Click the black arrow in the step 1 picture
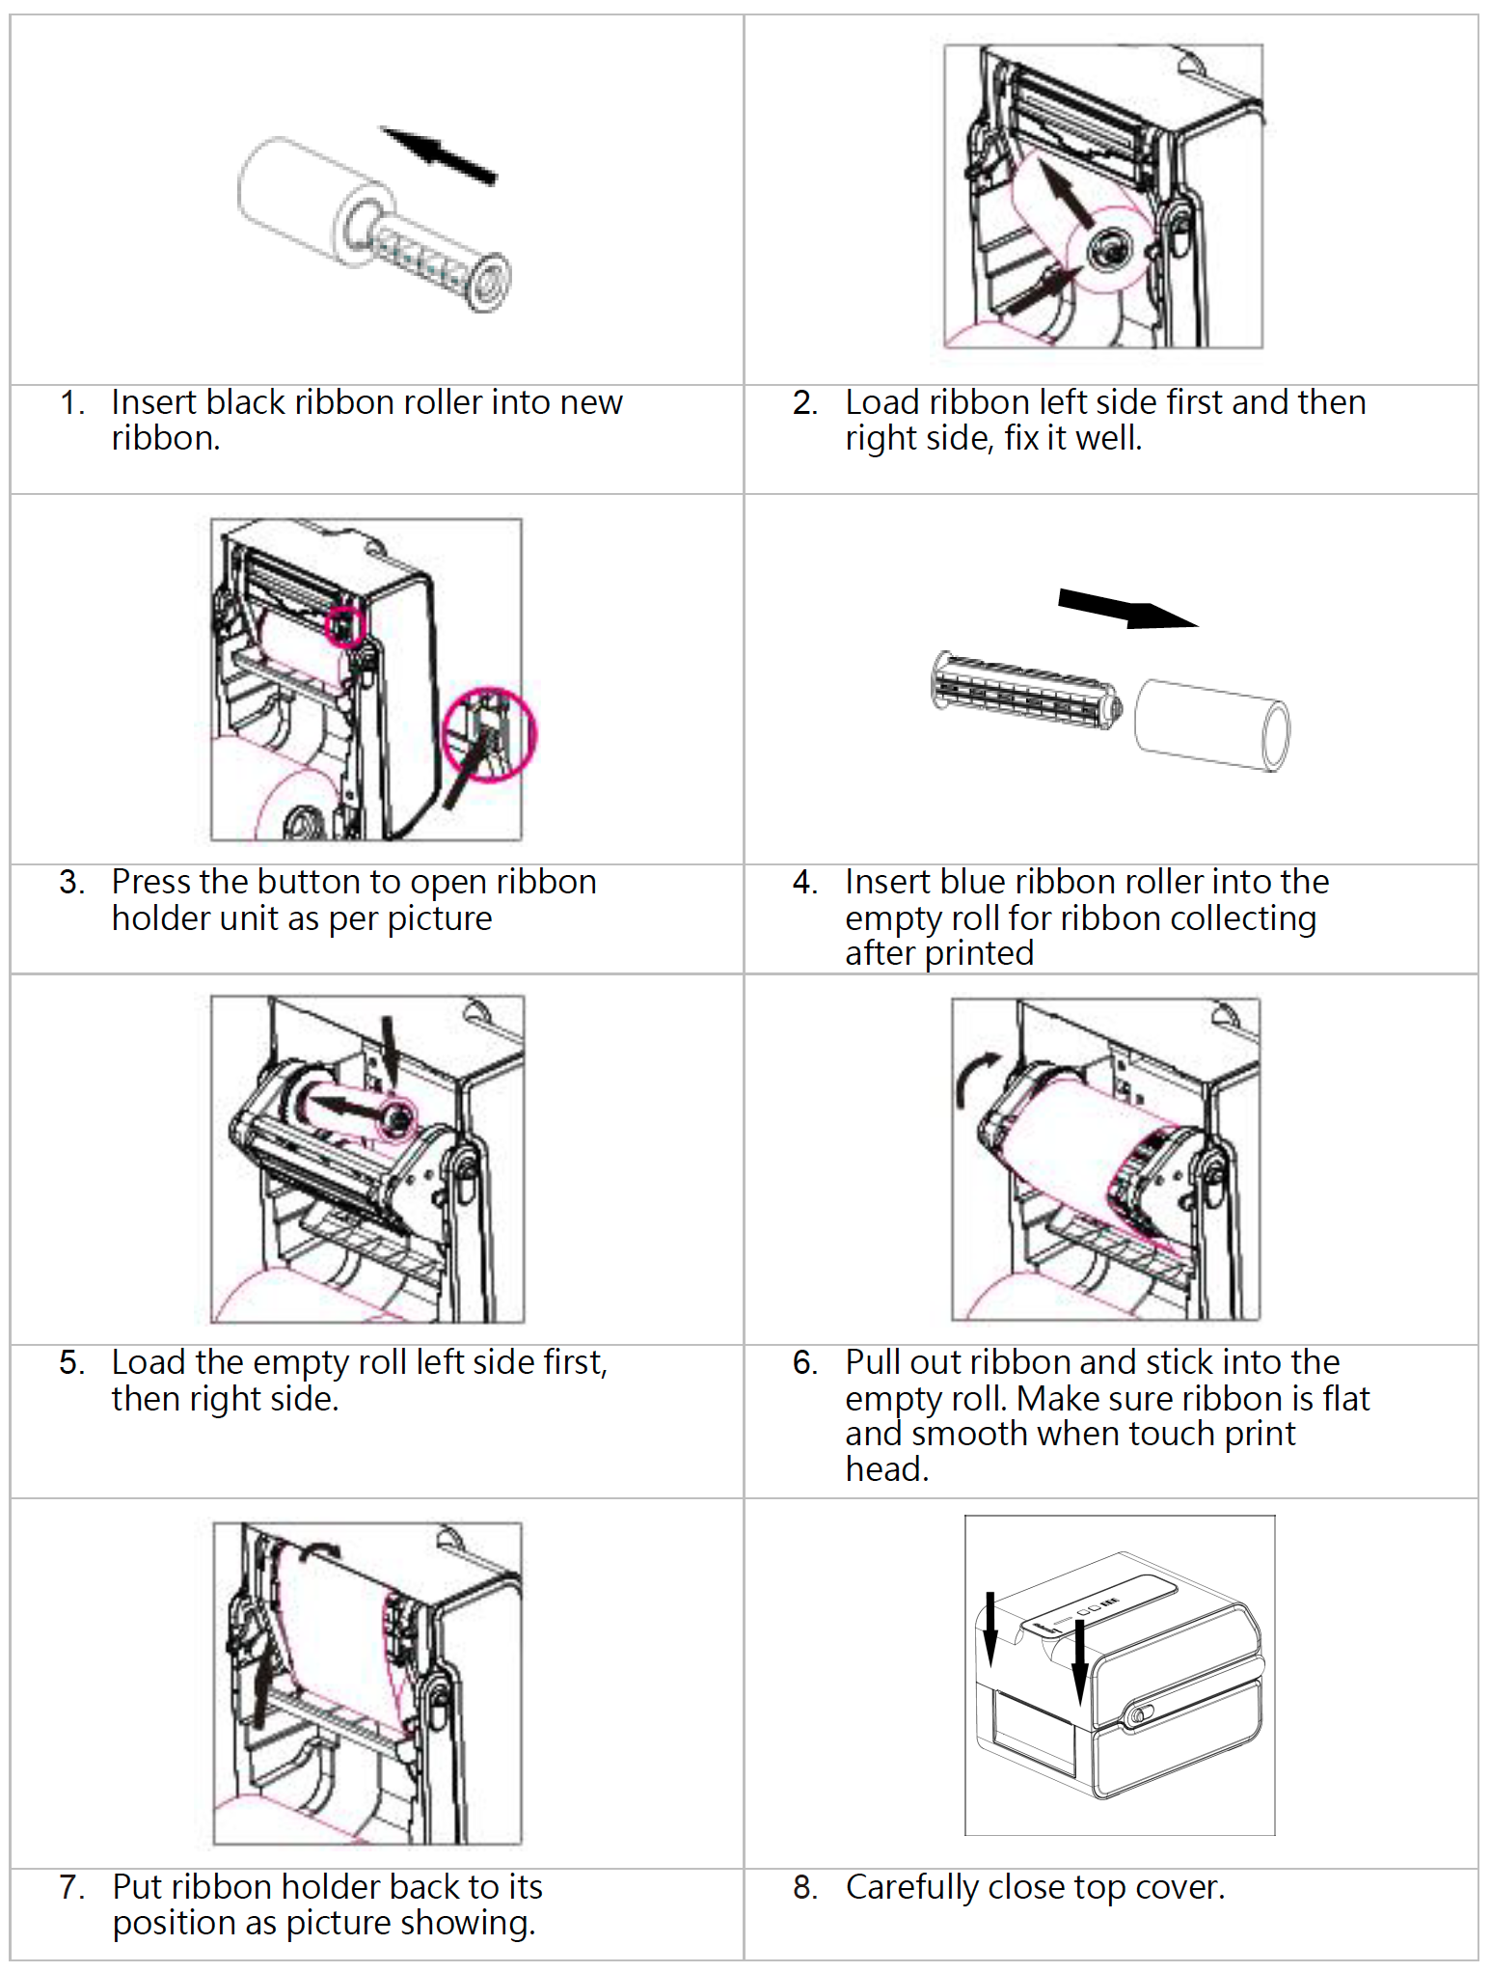[x=440, y=154]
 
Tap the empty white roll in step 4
[x=1211, y=725]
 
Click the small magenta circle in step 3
[x=344, y=627]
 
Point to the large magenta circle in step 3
[x=488, y=734]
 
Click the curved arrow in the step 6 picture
[x=977, y=1078]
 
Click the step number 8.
[x=804, y=1887]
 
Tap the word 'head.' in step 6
[x=886, y=1469]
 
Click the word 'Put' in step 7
[x=136, y=1887]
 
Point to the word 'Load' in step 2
[x=881, y=402]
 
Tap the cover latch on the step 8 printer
[x=1138, y=1714]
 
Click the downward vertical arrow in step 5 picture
[x=389, y=1052]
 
